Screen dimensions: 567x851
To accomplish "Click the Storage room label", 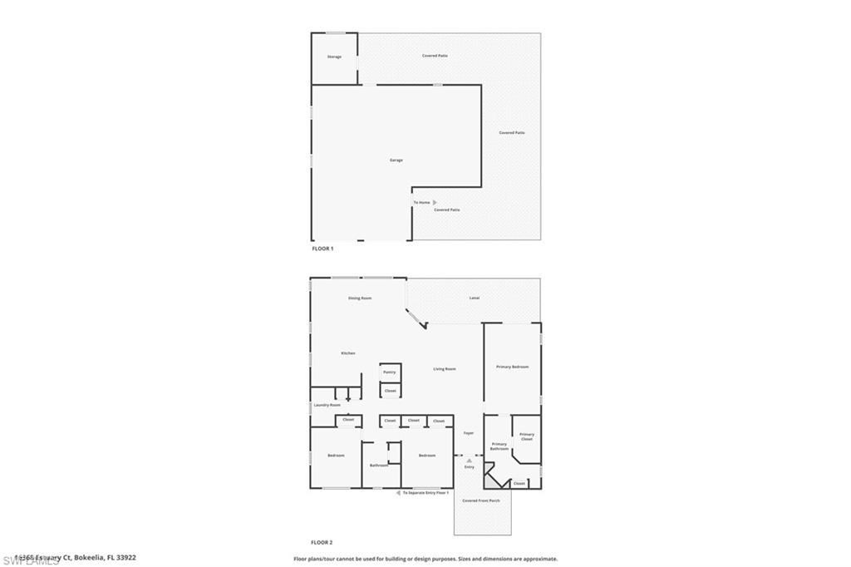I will [334, 57].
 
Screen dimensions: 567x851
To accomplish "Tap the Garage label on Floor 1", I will [396, 160].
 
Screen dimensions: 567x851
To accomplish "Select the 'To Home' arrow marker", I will [435, 202].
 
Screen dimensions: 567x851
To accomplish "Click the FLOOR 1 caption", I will [322, 249].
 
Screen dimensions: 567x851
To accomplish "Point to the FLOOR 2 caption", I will [322, 542].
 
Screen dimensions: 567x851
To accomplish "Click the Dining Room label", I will [360, 298].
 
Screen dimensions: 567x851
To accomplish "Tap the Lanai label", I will [475, 298].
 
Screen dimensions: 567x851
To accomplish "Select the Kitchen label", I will [348, 353].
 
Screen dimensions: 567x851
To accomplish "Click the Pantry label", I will [390, 372].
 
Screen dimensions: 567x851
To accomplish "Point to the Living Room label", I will [445, 368].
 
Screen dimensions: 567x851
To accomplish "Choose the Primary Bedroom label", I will [512, 367].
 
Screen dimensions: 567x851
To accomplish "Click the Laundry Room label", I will [327, 405].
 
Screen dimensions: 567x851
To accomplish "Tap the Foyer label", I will [469, 433].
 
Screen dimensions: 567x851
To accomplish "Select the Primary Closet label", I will [527, 436].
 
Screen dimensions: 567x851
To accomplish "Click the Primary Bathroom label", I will [499, 446].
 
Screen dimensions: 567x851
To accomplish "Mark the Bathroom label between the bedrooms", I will [379, 466].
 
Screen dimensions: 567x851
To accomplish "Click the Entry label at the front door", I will [470, 466].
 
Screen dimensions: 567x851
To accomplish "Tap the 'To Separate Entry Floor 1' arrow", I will [398, 493].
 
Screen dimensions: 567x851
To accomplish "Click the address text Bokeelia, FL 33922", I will [105, 558].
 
